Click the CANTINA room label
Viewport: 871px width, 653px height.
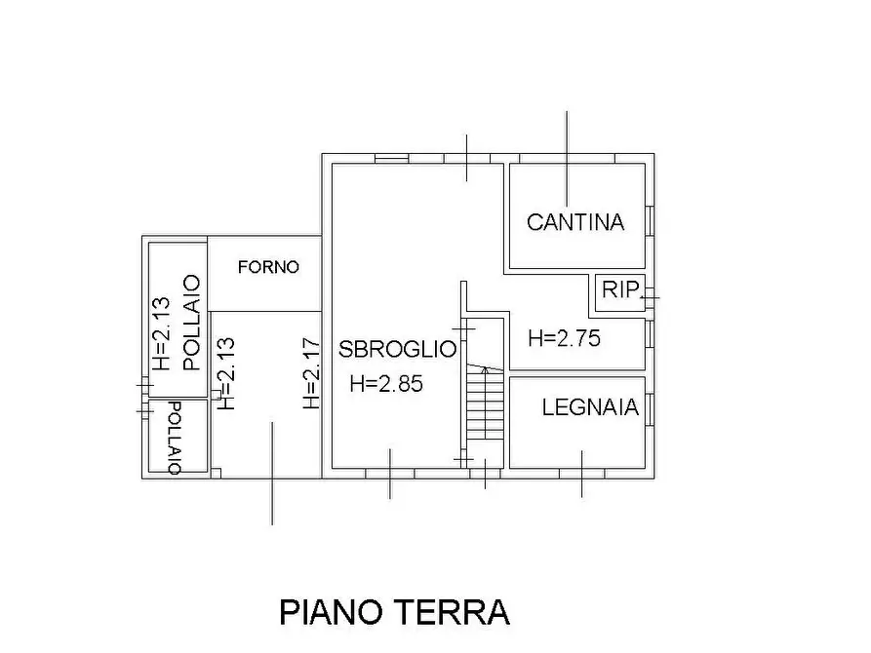(574, 222)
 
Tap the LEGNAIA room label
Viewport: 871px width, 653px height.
(590, 407)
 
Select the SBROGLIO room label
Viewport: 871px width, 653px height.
(397, 349)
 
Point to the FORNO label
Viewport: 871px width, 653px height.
(267, 267)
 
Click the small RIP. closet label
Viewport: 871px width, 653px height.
(619, 289)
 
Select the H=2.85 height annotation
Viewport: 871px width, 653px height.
(385, 384)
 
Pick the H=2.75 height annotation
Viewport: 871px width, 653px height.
(563, 339)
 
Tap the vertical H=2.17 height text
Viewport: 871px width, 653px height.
(310, 372)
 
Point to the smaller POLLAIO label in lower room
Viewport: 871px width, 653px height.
(174, 437)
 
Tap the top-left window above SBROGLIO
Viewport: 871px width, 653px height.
(391, 158)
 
